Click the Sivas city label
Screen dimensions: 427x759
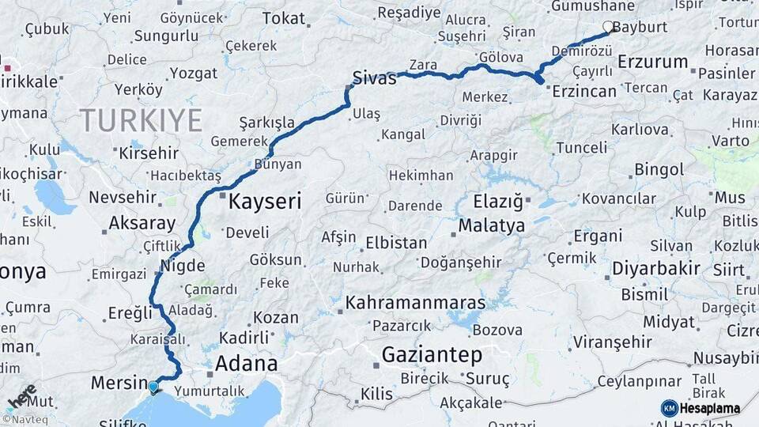pos(374,77)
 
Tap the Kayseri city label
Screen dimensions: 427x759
pos(265,201)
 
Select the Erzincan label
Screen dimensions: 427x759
pos(584,91)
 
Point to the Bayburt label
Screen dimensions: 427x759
pos(640,27)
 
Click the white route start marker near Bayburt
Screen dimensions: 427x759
pos(608,27)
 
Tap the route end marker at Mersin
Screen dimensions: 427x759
pos(153,387)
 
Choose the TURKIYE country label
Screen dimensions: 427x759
pos(141,120)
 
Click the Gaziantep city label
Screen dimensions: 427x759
pos(432,355)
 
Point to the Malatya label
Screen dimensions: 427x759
pos(491,225)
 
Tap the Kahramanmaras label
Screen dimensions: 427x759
pos(415,302)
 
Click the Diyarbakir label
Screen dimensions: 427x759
pos(656,269)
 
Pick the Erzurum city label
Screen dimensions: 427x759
pos(652,61)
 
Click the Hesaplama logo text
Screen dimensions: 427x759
pos(710,409)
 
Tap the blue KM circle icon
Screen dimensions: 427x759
pos(670,409)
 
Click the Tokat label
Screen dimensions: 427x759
pos(283,17)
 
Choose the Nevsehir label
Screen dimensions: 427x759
pos(122,197)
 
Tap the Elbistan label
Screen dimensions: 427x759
pos(395,243)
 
